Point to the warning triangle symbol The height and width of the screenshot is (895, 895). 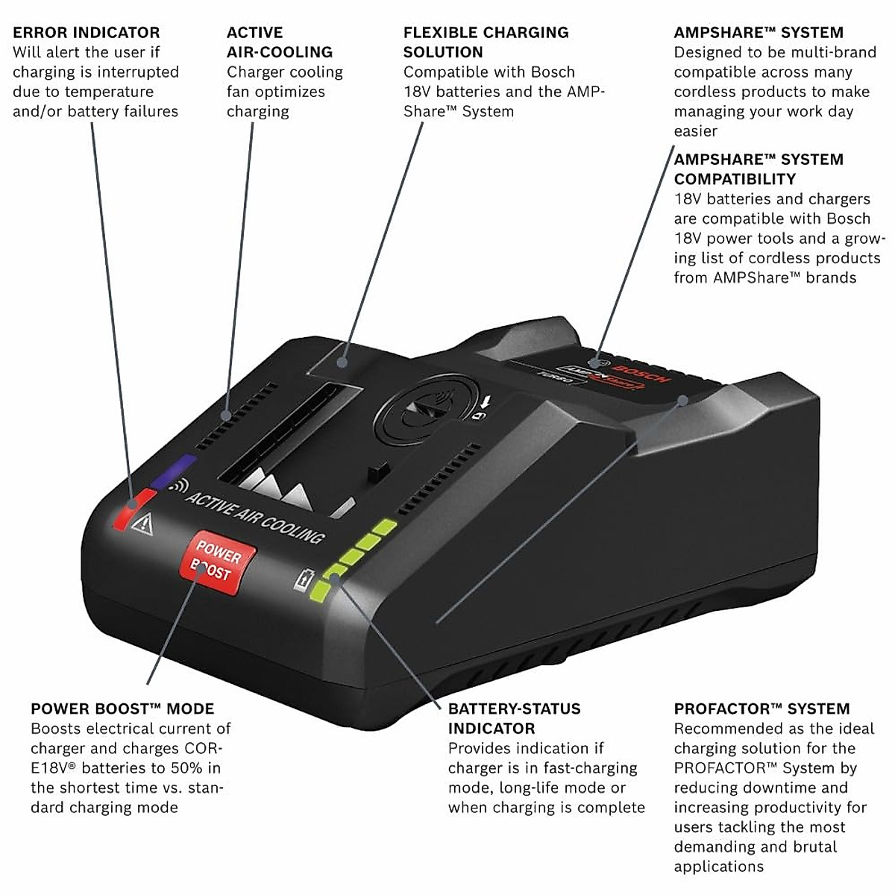point(142,525)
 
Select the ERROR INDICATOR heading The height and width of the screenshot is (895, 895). point(86,33)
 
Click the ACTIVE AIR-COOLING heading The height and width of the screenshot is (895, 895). point(279,43)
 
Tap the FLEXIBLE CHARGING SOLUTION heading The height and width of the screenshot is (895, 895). point(485,43)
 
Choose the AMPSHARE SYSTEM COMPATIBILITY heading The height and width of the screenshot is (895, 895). point(758,169)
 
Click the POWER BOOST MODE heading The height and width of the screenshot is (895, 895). point(122,709)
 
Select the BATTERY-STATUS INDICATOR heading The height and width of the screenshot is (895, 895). point(514,718)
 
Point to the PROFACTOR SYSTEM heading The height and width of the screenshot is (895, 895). point(761,709)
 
